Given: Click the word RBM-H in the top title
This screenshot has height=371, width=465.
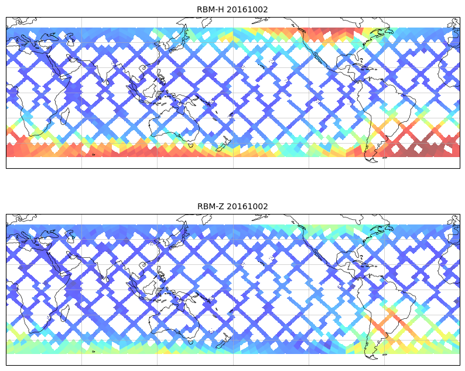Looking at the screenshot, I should [210, 9].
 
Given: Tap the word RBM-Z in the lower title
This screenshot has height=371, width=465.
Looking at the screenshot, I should [210, 206].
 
